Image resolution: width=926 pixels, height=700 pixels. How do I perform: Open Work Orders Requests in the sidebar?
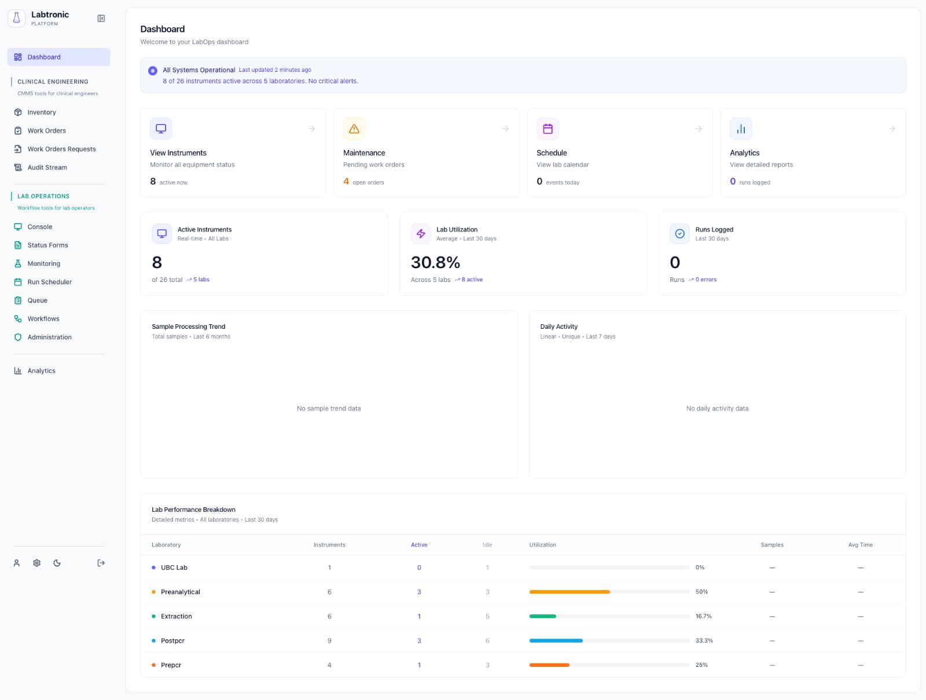[x=61, y=149]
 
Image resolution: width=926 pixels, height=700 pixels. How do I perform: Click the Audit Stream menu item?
[x=47, y=167]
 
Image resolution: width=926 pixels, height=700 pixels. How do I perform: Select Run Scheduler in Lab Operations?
[x=49, y=282]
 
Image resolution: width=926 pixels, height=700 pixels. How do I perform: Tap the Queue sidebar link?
[x=37, y=300]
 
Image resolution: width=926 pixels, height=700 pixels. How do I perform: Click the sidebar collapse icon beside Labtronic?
[x=101, y=19]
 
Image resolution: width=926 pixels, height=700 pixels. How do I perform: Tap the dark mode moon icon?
[x=57, y=563]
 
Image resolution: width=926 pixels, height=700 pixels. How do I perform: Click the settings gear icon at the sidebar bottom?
[x=36, y=563]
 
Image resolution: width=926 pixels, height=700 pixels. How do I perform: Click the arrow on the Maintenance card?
[x=505, y=129]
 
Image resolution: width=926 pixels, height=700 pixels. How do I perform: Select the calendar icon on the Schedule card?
[x=547, y=129]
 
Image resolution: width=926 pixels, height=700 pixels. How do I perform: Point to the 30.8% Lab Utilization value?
[x=435, y=263]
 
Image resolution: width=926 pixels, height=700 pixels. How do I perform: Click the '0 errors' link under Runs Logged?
[x=705, y=280]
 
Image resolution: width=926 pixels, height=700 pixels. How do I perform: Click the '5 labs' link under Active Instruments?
[x=201, y=280]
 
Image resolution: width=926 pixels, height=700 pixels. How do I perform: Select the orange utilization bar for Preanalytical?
[x=569, y=592]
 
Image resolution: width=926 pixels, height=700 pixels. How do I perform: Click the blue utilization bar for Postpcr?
[x=556, y=640]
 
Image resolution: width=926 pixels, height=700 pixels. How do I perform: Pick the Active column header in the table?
[x=419, y=545]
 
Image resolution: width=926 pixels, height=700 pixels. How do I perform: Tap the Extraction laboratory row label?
[x=176, y=616]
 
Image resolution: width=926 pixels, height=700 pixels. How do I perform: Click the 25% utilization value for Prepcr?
[x=701, y=665]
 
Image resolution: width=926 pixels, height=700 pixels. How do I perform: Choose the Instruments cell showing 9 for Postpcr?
[x=329, y=640]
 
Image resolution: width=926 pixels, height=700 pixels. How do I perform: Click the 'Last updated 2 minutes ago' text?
[x=275, y=70]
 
